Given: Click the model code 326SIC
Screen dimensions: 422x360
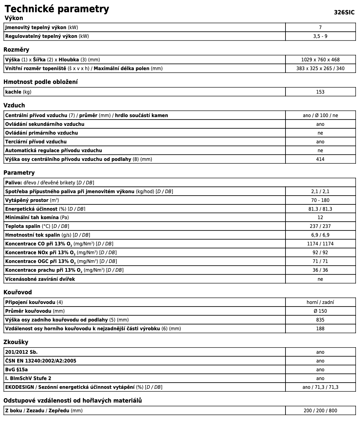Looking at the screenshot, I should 344,13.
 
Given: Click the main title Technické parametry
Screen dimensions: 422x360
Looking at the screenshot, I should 57,9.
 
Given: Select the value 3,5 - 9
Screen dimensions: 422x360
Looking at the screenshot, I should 320,36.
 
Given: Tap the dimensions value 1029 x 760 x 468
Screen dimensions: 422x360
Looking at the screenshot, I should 320,60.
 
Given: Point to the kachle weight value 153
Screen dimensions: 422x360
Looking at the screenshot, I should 320,92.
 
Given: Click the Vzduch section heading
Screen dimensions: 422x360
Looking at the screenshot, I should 14,105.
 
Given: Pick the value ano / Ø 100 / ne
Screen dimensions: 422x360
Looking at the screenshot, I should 320,116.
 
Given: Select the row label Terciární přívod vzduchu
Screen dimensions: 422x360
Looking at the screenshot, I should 36,142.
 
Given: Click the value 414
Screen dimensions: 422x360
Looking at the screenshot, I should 320,159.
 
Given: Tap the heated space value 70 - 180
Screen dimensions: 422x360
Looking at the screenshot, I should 320,200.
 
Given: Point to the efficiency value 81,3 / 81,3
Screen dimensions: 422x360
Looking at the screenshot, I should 320,209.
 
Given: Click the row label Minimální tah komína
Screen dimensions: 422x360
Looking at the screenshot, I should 32,218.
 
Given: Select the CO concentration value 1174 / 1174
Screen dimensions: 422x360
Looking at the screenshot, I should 320,244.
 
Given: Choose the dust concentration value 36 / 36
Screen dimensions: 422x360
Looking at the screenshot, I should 320,270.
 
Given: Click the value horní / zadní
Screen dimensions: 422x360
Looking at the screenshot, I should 320,302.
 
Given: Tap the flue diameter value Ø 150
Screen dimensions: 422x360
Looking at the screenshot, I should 320,311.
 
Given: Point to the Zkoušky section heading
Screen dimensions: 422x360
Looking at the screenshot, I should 16,342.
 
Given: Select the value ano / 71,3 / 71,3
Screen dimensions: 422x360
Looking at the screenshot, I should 320,387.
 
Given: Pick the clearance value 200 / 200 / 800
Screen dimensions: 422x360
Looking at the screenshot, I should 320,411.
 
